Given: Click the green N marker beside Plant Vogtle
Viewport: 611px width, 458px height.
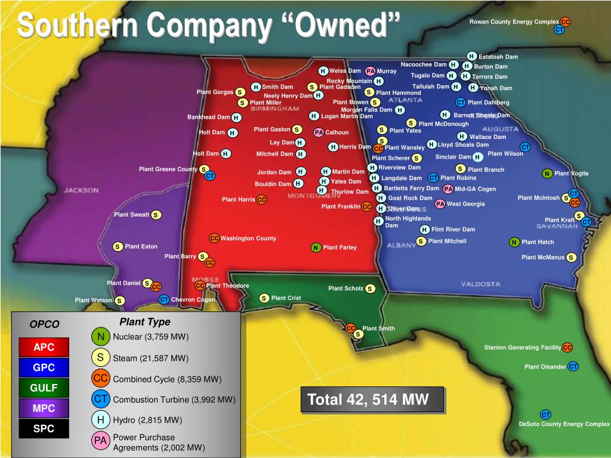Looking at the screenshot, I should coord(547,174).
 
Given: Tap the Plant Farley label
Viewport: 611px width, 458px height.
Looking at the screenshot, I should coord(340,247).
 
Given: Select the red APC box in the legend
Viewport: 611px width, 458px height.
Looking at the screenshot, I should coord(44,347).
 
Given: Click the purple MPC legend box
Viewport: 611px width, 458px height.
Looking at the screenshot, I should coord(44,409).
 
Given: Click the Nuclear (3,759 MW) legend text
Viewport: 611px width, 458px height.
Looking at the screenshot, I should coord(150,337).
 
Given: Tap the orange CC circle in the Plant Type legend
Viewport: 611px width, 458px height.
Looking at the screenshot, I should coord(101,378).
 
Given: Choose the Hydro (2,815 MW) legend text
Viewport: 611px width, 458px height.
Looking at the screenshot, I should coord(147,420).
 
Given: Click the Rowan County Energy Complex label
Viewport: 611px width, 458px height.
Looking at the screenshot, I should coord(514,22).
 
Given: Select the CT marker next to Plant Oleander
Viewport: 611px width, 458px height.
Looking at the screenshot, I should coord(573,366).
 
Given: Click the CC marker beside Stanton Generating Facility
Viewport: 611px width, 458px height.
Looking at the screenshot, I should coord(567,348).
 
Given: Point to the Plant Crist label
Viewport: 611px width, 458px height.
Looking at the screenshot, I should coord(286,298).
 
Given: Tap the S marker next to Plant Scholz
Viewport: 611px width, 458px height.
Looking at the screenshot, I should coord(371,289).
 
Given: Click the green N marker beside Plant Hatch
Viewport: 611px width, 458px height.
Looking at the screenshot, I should coord(514,242).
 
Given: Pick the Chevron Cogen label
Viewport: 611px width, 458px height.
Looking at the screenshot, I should coord(193,300).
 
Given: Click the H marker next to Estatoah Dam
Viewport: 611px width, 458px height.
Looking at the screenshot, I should coord(471,57).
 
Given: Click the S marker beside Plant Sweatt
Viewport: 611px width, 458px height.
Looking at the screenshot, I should coord(155,215).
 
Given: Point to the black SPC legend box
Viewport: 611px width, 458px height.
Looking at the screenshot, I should coord(44,429).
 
